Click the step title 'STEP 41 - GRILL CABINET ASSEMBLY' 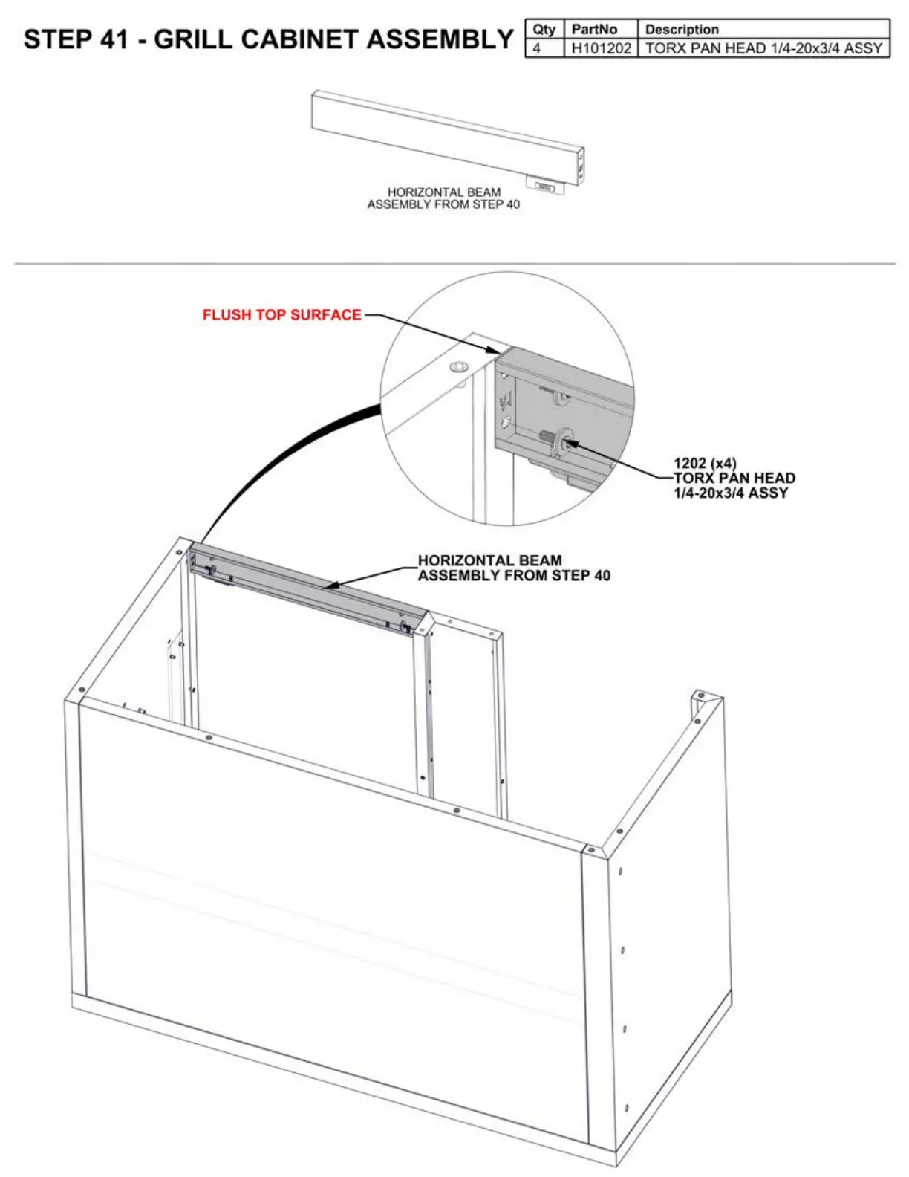tap(268, 39)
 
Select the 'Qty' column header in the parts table tap(544, 30)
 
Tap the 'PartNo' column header tap(594, 30)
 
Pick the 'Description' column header tap(682, 30)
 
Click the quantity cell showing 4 tap(537, 48)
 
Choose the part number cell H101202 tap(601, 48)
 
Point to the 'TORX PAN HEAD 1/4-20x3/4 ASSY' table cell tap(763, 48)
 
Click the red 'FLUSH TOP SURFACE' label tap(281, 315)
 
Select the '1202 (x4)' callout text tap(705, 464)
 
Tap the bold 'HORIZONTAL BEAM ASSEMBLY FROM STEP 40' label tap(514, 568)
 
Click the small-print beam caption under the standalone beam tap(443, 198)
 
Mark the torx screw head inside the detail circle tap(566, 443)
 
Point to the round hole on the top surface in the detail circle tap(457, 367)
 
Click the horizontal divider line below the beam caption tap(454, 263)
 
